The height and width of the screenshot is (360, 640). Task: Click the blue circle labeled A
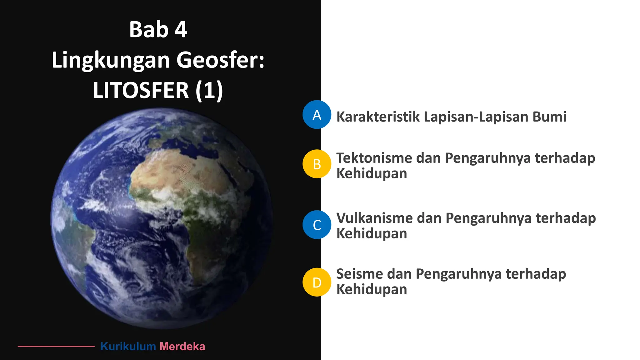tap(317, 115)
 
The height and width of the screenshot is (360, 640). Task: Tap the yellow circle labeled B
tap(317, 164)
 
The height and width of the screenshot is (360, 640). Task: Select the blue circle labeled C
tap(317, 225)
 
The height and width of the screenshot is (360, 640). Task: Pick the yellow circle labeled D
tap(317, 282)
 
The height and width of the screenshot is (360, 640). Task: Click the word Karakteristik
tap(378, 117)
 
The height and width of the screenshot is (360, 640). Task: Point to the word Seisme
tap(359, 274)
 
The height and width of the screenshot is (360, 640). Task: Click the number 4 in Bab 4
tap(181, 30)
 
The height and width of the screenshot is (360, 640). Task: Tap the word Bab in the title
tap(149, 30)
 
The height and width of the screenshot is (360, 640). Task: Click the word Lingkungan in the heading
tap(110, 60)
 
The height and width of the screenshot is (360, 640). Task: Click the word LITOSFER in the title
tap(141, 90)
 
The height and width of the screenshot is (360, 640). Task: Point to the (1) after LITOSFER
tap(209, 90)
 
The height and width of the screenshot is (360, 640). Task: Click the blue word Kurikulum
tap(128, 346)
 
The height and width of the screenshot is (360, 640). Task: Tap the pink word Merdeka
tap(182, 346)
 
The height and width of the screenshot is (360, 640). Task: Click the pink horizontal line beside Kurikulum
tap(56, 346)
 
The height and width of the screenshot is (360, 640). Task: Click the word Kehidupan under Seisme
tap(372, 289)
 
